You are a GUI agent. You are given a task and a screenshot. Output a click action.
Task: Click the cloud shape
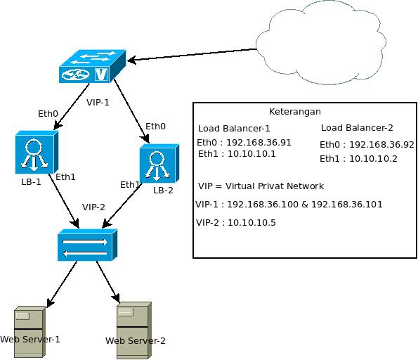tap(321, 43)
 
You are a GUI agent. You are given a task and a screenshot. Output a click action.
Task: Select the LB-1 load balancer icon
tap(37, 152)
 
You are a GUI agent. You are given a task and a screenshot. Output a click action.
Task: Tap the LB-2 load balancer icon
tap(159, 163)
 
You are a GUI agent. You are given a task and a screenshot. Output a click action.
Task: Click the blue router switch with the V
tap(92, 66)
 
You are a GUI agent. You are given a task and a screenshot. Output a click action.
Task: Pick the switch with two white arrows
tap(87, 245)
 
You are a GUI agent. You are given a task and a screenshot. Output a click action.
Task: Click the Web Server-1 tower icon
tap(30, 332)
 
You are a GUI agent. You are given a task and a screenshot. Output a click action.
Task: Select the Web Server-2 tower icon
tap(134, 330)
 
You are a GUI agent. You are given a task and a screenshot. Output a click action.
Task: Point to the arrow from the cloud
tap(192, 55)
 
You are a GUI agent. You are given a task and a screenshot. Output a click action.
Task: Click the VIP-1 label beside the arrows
tap(98, 103)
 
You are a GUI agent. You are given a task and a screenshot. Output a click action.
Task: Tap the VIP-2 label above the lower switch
tap(93, 207)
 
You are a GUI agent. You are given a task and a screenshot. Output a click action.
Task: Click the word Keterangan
tap(295, 112)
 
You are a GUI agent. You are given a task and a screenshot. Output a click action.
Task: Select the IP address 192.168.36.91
tap(259, 143)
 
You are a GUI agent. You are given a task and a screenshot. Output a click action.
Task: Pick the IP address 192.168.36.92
tap(381, 145)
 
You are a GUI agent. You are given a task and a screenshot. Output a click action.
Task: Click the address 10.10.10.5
tap(252, 223)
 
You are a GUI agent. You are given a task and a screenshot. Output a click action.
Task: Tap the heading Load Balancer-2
tap(357, 128)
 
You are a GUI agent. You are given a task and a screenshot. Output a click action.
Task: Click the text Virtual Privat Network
tap(275, 186)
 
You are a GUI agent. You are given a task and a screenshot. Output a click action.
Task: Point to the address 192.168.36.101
tap(347, 205)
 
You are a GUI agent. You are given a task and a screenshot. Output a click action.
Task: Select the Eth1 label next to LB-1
tap(65, 177)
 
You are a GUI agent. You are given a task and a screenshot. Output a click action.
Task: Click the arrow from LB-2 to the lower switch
tap(122, 205)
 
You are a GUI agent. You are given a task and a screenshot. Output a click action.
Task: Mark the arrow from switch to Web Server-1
tap(62, 284)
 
